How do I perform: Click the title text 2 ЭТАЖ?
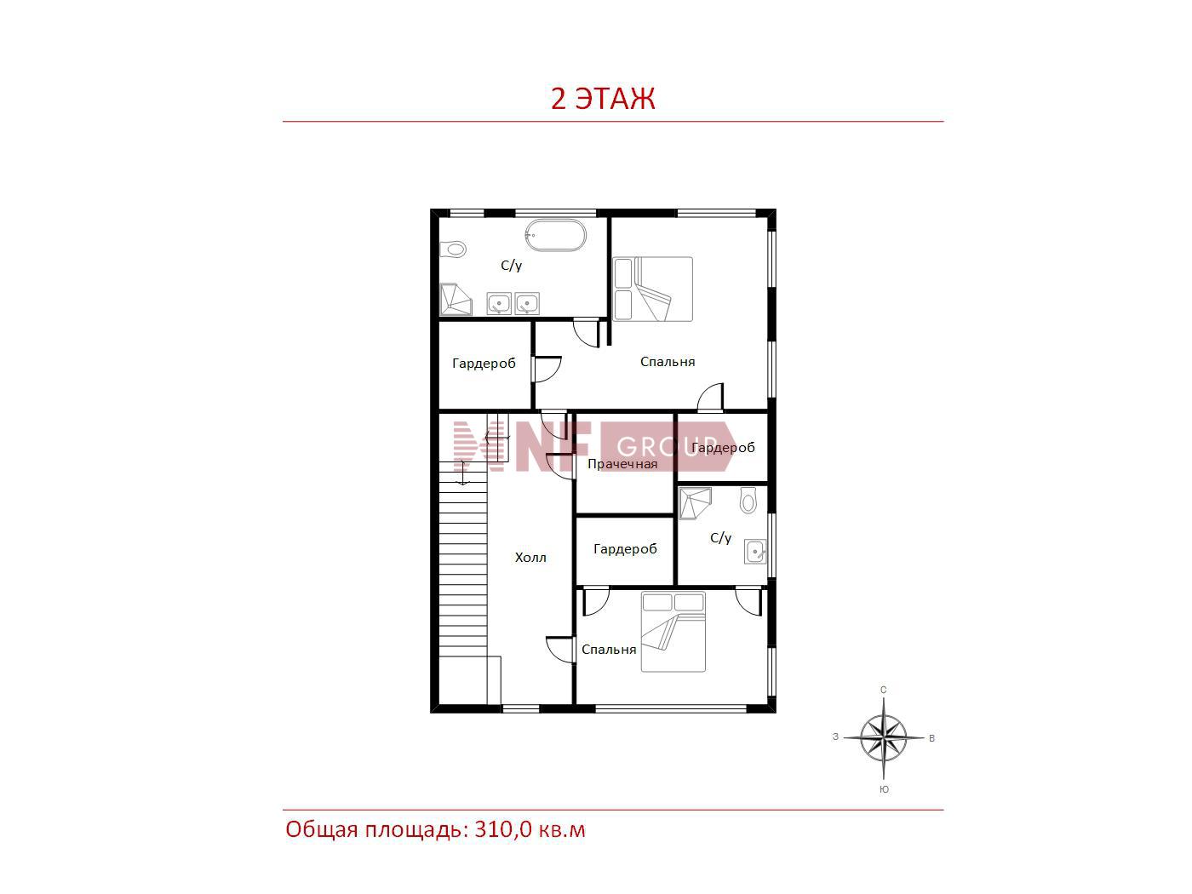pos(603,99)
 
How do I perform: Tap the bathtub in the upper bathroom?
pos(555,235)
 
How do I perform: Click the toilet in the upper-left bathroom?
pos(453,249)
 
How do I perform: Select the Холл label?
pos(530,558)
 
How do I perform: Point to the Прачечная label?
pos(622,464)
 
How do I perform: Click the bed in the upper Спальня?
pos(653,289)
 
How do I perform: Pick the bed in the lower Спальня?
pos(673,632)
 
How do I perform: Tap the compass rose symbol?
pos(884,738)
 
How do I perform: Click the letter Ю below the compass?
pos(884,790)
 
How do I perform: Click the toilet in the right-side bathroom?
pos(748,500)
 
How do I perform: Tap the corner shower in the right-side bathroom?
pos(695,503)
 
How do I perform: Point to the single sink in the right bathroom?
pos(756,552)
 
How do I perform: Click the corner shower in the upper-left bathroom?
pos(456,299)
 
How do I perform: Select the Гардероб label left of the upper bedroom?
pos(484,364)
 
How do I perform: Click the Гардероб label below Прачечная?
pos(625,549)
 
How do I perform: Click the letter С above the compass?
pos(884,690)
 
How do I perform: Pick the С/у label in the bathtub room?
pos(511,266)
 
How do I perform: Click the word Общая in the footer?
pos(322,830)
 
